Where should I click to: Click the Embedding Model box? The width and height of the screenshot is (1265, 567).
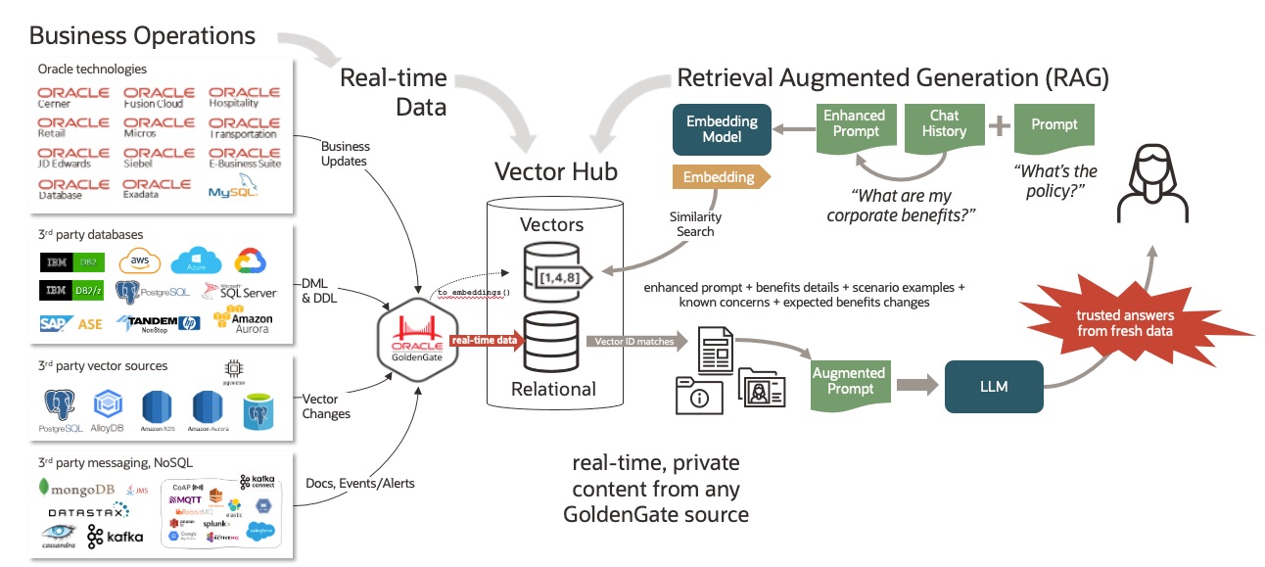[722, 128]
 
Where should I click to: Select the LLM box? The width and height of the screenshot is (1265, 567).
[993, 386]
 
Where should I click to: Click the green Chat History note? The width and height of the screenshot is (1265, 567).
[944, 126]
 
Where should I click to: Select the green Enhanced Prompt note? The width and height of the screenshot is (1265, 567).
[854, 126]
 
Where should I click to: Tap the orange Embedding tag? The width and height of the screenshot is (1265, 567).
[720, 177]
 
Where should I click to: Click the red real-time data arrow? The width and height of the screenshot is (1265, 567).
[487, 340]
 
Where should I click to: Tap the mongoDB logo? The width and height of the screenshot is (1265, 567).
[75, 487]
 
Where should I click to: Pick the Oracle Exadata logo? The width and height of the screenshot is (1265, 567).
[158, 188]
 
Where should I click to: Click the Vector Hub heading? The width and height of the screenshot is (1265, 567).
[555, 172]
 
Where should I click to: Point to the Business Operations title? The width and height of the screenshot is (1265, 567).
[142, 36]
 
